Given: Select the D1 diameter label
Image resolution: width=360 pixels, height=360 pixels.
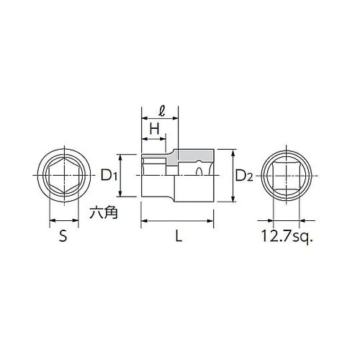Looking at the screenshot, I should [x=108, y=174].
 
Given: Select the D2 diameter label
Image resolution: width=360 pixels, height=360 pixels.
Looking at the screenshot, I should [x=243, y=175].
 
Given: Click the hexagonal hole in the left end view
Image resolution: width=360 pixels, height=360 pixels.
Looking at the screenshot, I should [x=63, y=175].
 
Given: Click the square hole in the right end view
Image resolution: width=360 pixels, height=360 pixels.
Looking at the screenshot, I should [x=287, y=175].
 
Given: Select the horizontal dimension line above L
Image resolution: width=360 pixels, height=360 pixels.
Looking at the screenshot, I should [x=178, y=222].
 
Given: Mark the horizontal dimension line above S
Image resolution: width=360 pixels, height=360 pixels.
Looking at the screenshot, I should [x=63, y=222].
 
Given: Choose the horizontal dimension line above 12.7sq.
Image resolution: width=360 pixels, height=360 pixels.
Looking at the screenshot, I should [x=287, y=222].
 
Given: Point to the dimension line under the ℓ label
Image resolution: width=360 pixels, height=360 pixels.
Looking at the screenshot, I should [x=159, y=120].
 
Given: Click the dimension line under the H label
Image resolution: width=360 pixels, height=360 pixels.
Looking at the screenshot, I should [x=153, y=138].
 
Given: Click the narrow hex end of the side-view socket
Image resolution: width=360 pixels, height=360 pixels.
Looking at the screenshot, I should [x=155, y=174].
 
